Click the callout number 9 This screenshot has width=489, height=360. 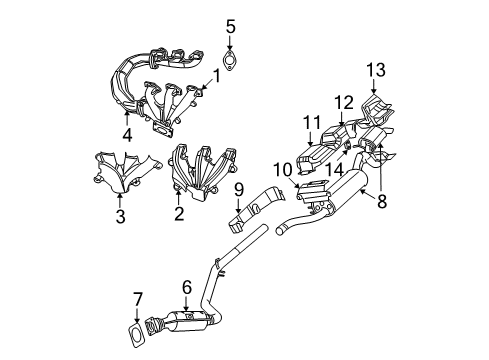tap(239, 188)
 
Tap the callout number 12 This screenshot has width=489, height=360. tap(344, 101)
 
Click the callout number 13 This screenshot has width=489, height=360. tap(375, 69)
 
